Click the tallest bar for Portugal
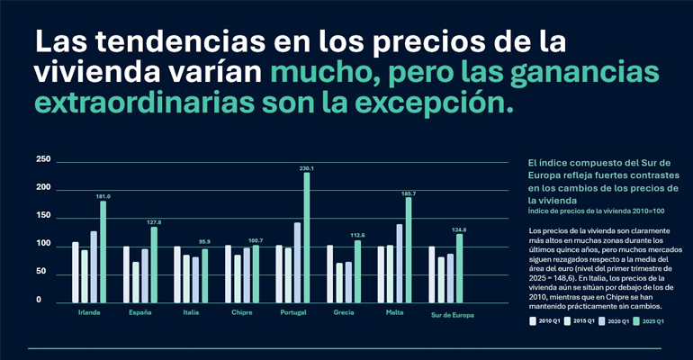(307, 238)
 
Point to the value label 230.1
(307, 167)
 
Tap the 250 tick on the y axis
(43, 160)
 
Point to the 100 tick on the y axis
(43, 244)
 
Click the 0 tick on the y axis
(39, 300)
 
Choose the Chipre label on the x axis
(242, 313)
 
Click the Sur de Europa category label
(452, 315)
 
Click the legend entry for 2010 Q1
(545, 319)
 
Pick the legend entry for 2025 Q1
(647, 319)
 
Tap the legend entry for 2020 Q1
(614, 319)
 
